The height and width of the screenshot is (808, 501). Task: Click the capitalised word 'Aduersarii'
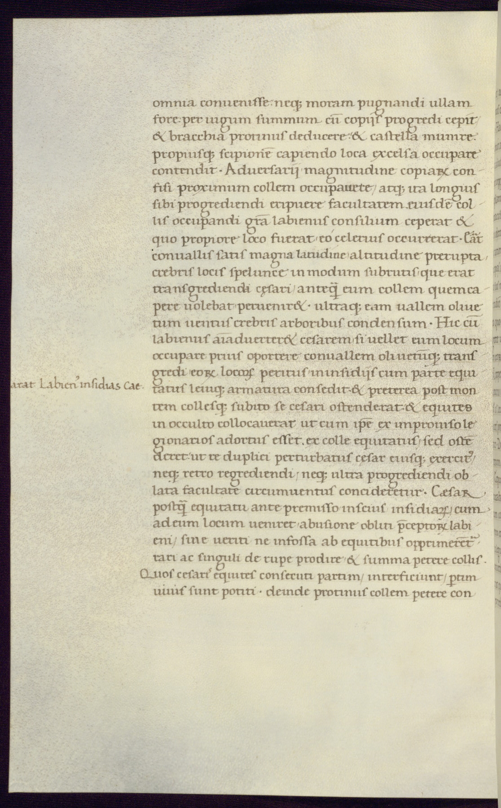coord(260,171)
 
